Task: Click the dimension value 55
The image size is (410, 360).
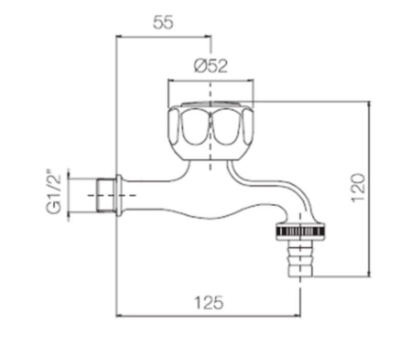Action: pos(164,23)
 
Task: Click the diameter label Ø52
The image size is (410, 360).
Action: pos(211,66)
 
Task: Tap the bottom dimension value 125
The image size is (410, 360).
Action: pos(209,303)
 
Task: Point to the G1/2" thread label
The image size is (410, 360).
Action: pos(53,194)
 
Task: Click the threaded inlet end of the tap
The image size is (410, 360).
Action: pos(106,196)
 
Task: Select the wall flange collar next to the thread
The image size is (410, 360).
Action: pos(118,196)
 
